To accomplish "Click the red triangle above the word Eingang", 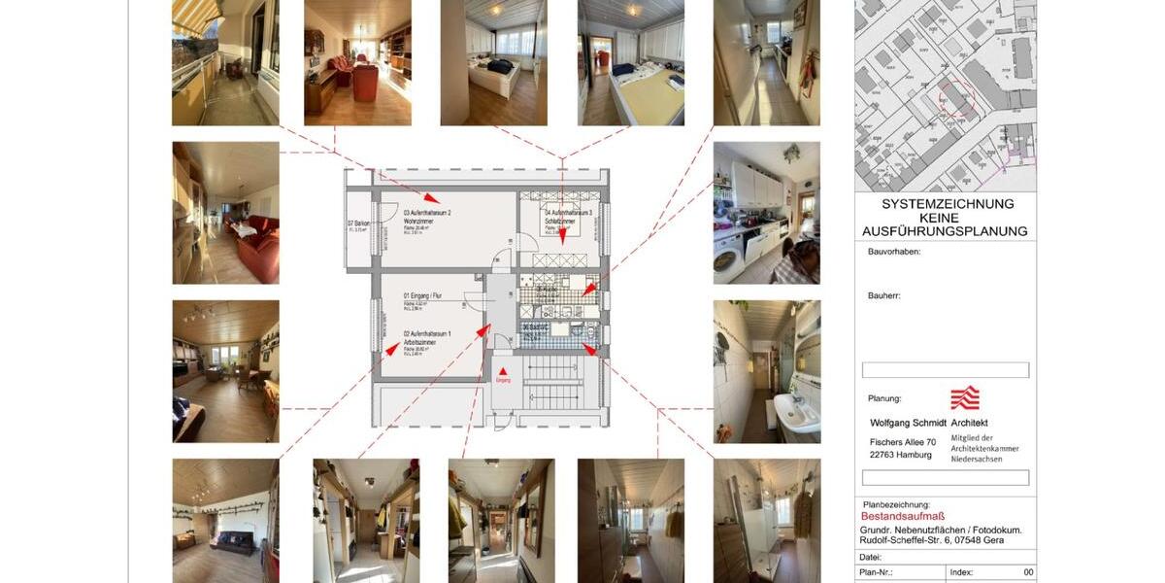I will tap(502, 370).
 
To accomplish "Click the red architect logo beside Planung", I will tap(964, 396).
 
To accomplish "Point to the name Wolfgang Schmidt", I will tap(907, 423).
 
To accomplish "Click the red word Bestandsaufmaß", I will tap(903, 517).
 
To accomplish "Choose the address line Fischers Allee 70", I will tap(902, 442).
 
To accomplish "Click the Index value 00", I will tap(1028, 572).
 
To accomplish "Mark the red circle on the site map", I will tap(955, 99).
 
